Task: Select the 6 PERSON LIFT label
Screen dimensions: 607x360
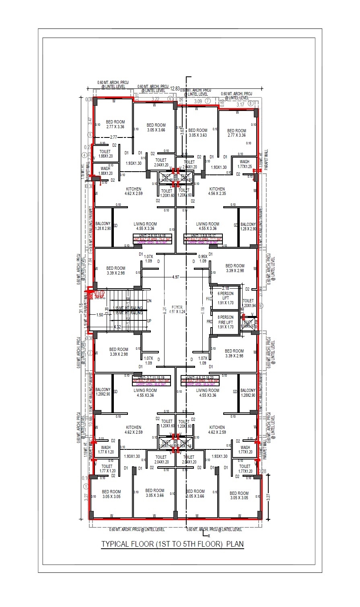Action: [225, 295]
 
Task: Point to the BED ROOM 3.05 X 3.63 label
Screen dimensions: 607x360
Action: [197, 133]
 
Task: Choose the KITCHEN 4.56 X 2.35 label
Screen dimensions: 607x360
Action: [217, 191]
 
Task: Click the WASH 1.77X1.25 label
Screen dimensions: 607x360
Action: [244, 164]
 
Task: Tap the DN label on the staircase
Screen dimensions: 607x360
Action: [149, 301]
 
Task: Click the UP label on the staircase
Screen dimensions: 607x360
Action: [149, 321]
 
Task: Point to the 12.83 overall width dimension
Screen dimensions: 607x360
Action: [175, 88]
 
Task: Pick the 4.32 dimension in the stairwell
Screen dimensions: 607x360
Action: [117, 327]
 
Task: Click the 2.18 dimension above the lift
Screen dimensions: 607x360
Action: [226, 288]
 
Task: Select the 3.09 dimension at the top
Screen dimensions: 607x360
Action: [198, 101]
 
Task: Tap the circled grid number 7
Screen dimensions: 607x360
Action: [208, 101]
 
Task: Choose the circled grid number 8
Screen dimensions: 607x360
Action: [251, 103]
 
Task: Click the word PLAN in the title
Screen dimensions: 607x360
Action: [235, 544]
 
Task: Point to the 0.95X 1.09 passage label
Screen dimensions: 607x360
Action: [203, 258]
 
